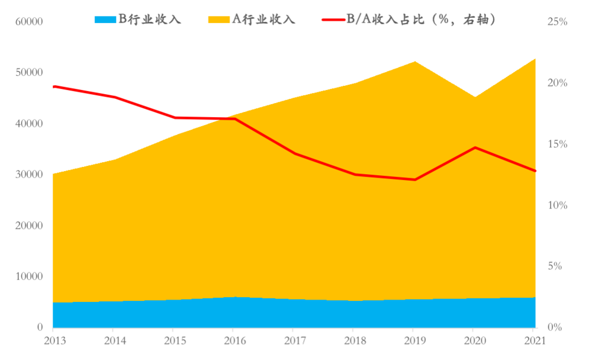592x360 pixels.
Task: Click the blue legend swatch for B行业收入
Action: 106,20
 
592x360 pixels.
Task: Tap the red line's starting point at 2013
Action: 53,86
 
